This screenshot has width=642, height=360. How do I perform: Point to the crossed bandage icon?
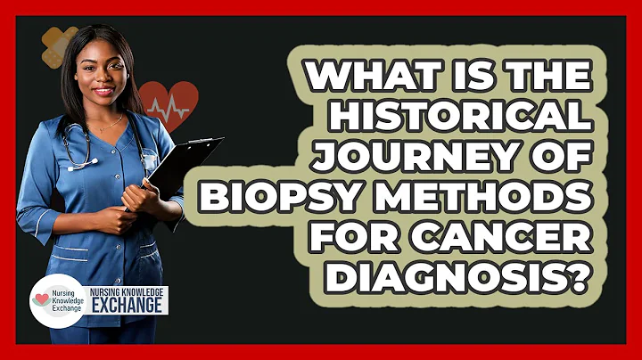pyautogui.click(x=60, y=47)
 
